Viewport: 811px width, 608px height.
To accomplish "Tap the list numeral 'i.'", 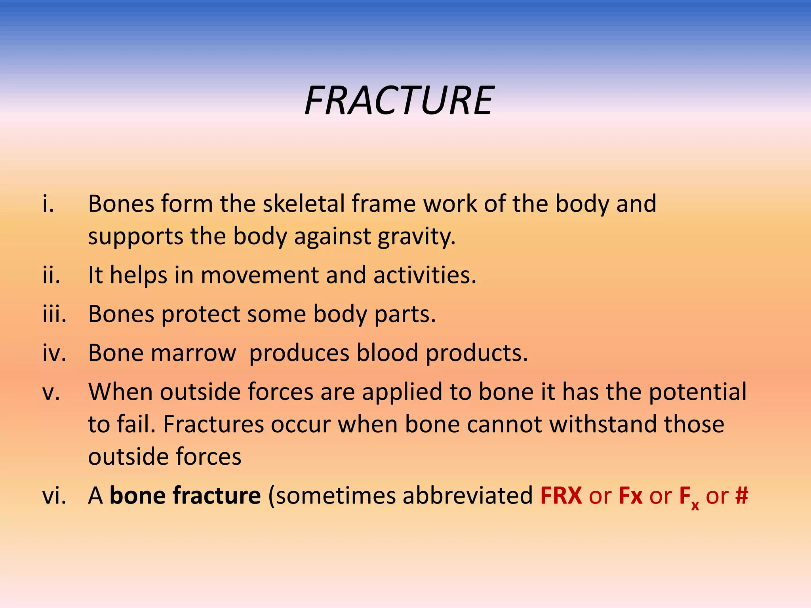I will coord(48,203).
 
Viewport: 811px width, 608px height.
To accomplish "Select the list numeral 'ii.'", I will coord(51,275).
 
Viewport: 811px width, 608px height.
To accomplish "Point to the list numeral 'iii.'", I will coord(55,314).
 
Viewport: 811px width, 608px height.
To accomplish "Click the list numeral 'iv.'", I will coord(55,353).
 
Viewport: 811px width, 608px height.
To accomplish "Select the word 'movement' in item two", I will coord(259,275).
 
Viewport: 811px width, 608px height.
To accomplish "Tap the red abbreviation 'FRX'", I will coord(561,495).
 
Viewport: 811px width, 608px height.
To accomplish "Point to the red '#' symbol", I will coord(741,495).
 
